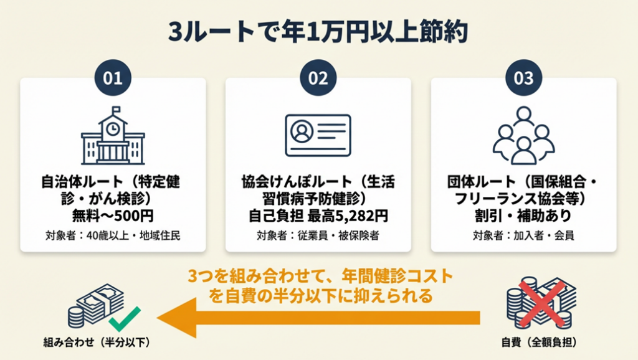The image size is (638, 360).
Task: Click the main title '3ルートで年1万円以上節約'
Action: (318, 32)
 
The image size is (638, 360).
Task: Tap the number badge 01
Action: (113, 78)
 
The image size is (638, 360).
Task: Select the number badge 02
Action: (318, 78)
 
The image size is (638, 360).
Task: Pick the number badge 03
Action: (523, 78)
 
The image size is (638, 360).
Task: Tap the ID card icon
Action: (318, 135)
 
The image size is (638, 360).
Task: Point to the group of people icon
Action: (523, 135)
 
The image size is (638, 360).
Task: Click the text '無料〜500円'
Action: (113, 216)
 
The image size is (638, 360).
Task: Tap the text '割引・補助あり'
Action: (523, 216)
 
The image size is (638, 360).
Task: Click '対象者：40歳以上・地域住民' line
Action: (113, 235)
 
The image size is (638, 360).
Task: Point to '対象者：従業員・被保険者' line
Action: (318, 235)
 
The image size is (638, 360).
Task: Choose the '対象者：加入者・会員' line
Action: (523, 235)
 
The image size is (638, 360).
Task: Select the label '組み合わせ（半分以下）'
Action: (97, 343)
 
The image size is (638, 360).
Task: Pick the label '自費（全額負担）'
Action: (539, 343)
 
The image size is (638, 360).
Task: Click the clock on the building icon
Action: (113, 129)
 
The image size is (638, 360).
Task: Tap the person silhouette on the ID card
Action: (302, 131)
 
